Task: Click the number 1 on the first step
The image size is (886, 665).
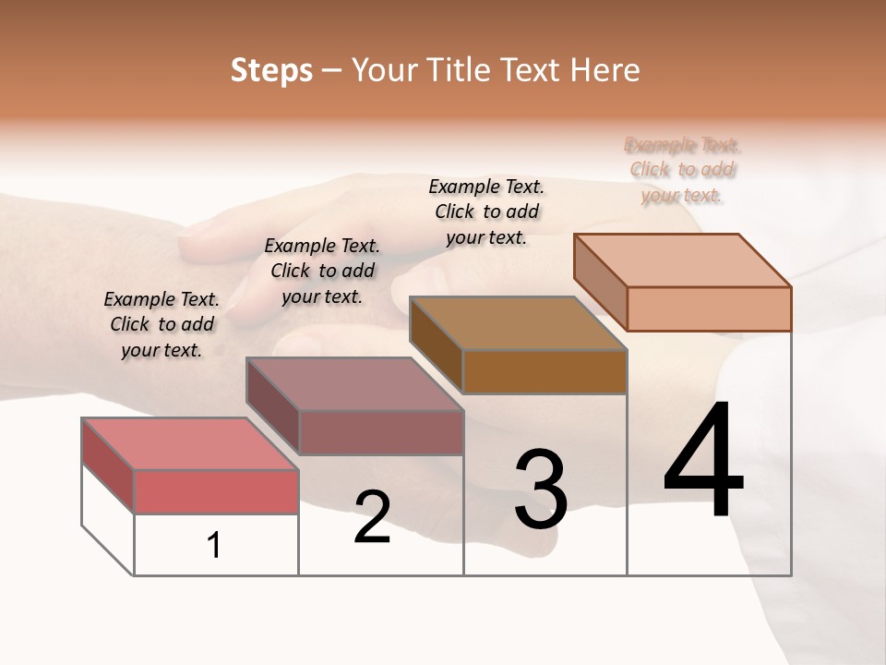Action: (x=214, y=546)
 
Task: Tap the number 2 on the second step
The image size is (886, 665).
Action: (x=372, y=517)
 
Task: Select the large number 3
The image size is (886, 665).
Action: (x=541, y=490)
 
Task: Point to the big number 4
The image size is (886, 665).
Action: (x=703, y=461)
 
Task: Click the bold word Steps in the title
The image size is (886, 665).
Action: (x=271, y=70)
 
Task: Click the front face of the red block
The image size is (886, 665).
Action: (x=216, y=491)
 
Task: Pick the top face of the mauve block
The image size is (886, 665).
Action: (x=354, y=383)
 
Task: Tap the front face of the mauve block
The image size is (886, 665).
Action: (x=380, y=432)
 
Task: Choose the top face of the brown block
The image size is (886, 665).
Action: (x=519, y=323)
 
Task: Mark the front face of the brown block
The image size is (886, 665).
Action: (x=545, y=371)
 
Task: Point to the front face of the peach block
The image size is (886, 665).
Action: (x=709, y=308)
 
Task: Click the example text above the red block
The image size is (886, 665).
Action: (x=162, y=324)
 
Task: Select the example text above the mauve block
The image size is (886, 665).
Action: (x=322, y=271)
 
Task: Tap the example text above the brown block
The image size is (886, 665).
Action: (x=486, y=212)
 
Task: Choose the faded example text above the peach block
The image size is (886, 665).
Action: (x=683, y=170)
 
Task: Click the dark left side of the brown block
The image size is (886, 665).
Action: (x=436, y=345)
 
